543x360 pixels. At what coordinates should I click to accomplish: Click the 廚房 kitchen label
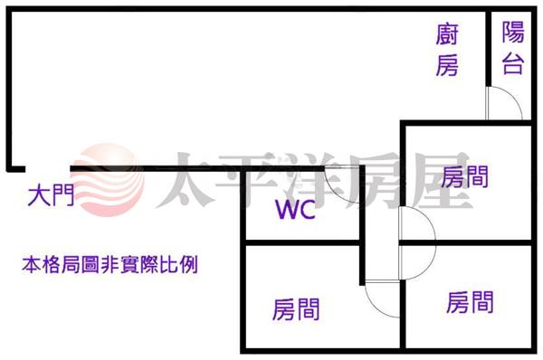point(447,50)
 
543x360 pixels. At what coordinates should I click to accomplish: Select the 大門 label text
point(51,196)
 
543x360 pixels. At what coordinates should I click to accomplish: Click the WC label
point(295,210)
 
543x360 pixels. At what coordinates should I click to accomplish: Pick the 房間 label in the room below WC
point(296,309)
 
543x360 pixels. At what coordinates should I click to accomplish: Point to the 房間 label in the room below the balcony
point(465,176)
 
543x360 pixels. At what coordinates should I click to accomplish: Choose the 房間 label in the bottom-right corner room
point(470,302)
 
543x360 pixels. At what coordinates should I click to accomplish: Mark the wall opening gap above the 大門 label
point(48,169)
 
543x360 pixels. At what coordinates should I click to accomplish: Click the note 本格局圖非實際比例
point(110,265)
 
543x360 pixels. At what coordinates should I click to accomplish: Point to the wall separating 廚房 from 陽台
point(489,48)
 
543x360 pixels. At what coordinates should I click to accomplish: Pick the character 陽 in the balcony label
point(513,33)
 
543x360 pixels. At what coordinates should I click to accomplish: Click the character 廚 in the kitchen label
point(447,34)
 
